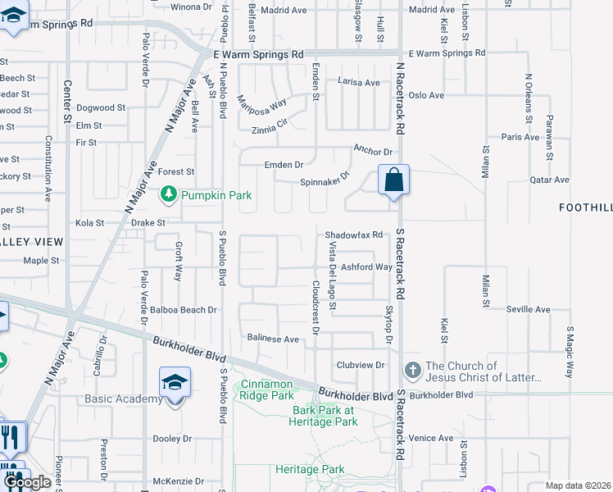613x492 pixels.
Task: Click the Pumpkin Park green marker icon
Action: pyautogui.click(x=169, y=194)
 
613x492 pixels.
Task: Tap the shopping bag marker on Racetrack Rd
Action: pyautogui.click(x=393, y=180)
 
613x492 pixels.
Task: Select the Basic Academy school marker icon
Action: pyautogui.click(x=174, y=384)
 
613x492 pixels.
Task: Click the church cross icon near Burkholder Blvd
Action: pyautogui.click(x=412, y=371)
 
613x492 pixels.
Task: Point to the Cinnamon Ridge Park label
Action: pyautogui.click(x=266, y=389)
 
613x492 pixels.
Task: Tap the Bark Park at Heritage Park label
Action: pyautogui.click(x=324, y=416)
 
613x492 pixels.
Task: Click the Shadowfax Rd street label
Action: pyautogui.click(x=354, y=235)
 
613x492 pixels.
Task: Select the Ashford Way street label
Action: pyautogui.click(x=366, y=267)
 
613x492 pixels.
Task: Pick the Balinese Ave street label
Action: pyautogui.click(x=274, y=339)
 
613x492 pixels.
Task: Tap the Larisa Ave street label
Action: pyautogui.click(x=360, y=83)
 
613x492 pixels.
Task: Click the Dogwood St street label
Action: pyautogui.click(x=101, y=107)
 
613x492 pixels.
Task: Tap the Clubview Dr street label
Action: pyautogui.click(x=361, y=365)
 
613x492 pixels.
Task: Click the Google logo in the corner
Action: pyautogui.click(x=28, y=482)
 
